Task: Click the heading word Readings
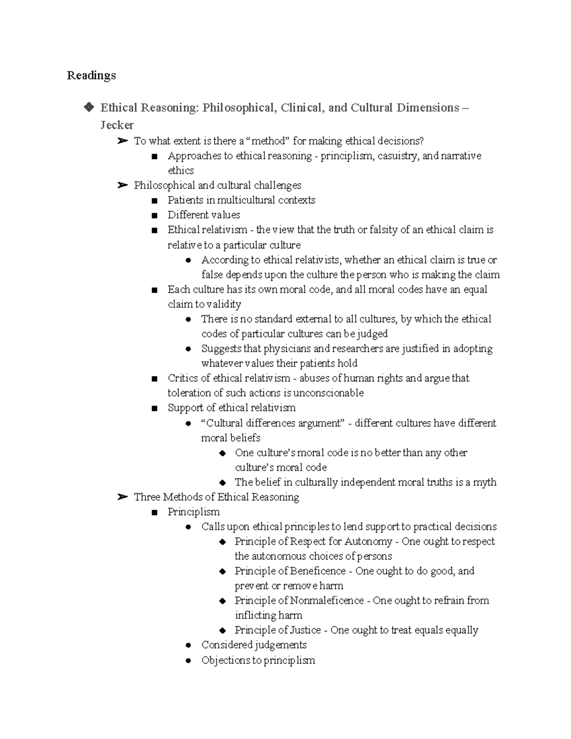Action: point(91,76)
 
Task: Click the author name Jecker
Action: point(117,125)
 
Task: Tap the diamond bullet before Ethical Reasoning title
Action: point(89,108)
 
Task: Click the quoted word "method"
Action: point(269,141)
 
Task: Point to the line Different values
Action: point(204,215)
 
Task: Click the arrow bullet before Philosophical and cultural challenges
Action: point(122,186)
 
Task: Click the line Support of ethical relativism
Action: point(231,408)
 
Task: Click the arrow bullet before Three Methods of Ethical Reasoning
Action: point(122,497)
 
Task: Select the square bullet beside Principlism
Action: point(154,512)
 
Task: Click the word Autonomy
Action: point(368,542)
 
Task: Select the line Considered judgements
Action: point(254,645)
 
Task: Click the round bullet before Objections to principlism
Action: point(188,660)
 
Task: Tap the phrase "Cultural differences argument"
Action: point(273,423)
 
